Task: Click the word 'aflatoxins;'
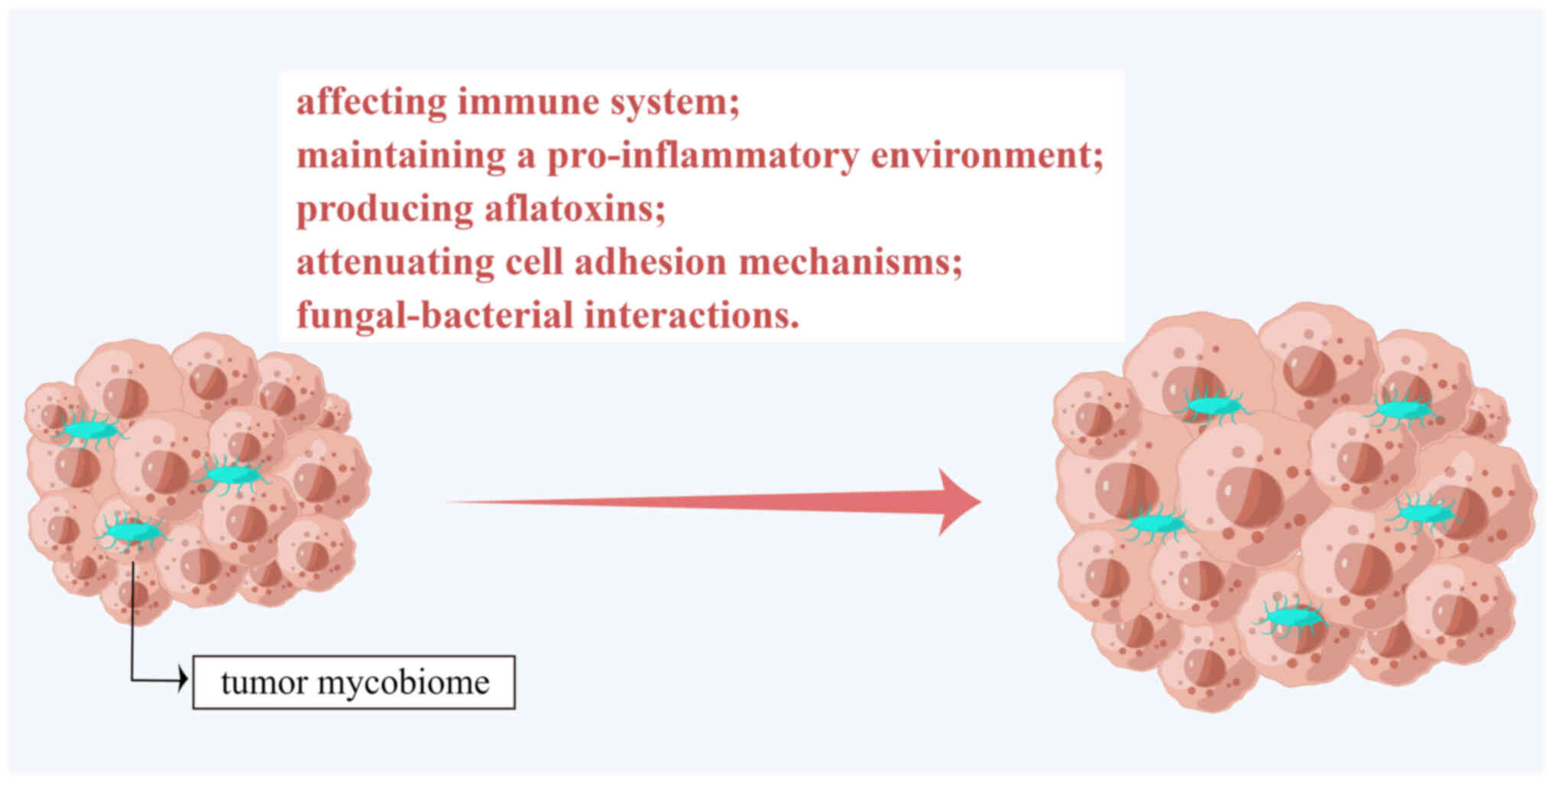click(x=575, y=209)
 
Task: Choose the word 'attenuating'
click(x=394, y=262)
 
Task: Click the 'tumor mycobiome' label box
click(x=354, y=683)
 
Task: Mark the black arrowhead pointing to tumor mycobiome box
click(x=183, y=679)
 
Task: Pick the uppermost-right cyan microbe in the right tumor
click(x=1401, y=410)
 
